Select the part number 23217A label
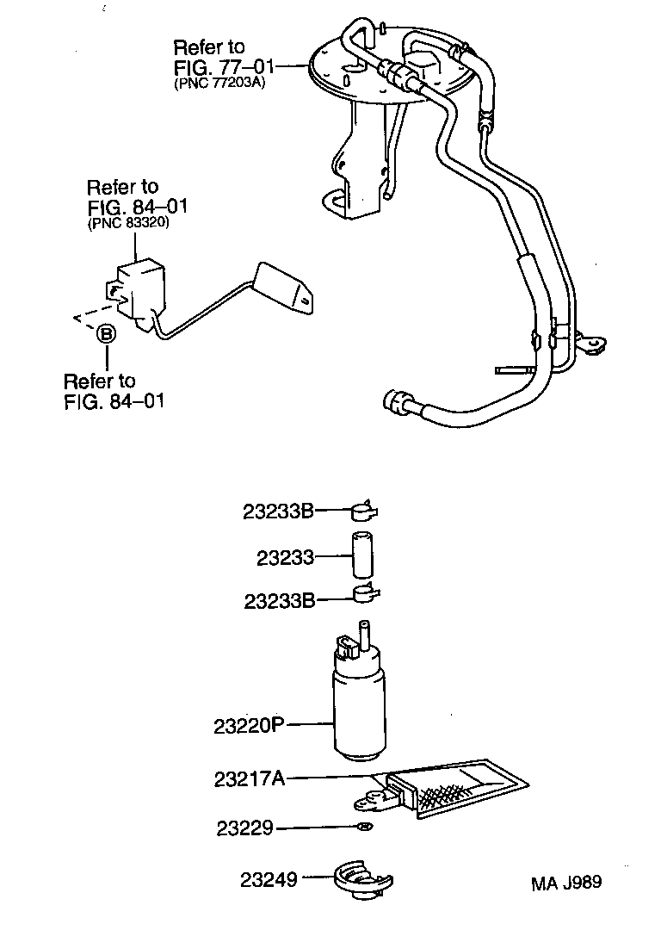(249, 779)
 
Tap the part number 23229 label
(244, 828)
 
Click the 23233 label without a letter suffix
(284, 557)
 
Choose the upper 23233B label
(278, 512)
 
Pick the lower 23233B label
(278, 600)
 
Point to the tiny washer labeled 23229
(365, 828)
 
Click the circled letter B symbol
(105, 333)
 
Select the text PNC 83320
(127, 222)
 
